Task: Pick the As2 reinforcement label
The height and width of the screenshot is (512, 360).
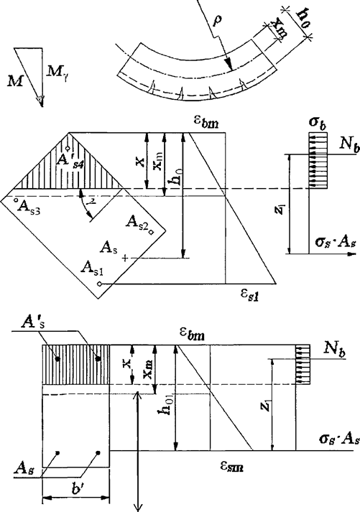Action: pyautogui.click(x=137, y=220)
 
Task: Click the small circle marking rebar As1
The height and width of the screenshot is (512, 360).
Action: pyautogui.click(x=100, y=284)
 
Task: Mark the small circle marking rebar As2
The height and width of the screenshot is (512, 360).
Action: pyautogui.click(x=152, y=231)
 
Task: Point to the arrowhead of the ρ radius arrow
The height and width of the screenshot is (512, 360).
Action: pyautogui.click(x=227, y=68)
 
